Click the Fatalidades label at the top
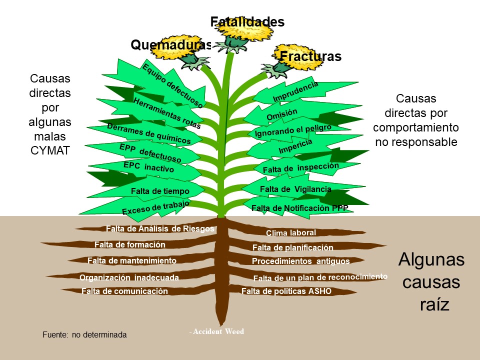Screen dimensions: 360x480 coord(247,22)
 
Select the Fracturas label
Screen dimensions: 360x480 coord(310,56)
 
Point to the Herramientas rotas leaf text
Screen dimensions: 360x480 coord(166,113)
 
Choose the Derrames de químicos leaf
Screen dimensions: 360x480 coord(149,133)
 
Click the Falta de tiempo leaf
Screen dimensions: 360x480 coord(159,191)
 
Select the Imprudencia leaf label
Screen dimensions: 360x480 coord(295,92)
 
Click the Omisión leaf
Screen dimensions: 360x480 coord(282,114)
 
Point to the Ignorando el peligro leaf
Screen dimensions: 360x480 coord(293,131)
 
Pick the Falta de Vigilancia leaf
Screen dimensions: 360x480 coord(295,189)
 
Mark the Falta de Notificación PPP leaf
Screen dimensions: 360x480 coord(299,208)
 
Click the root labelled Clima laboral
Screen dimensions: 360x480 coord(290,232)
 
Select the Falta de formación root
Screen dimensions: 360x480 coord(129,245)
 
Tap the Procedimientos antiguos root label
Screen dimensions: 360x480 coord(300,261)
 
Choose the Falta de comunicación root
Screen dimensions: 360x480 coord(124,291)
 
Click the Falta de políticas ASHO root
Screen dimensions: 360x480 coord(286,291)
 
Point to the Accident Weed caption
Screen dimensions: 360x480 coord(216,331)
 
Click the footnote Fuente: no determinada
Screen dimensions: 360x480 coord(84,334)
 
